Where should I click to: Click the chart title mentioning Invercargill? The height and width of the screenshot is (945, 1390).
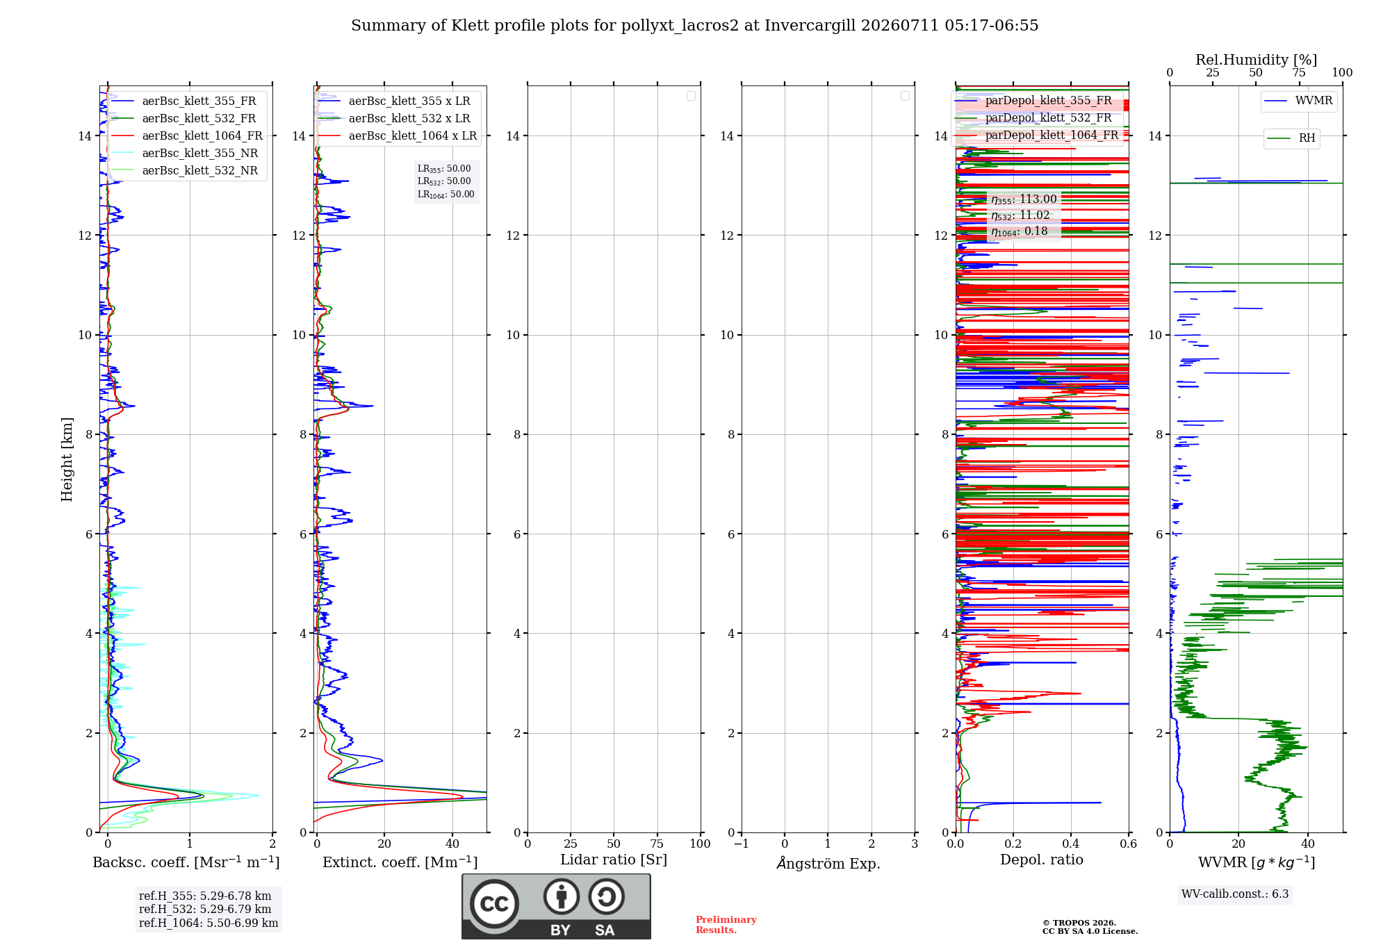pos(694,26)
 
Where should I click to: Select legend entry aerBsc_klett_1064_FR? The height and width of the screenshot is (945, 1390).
pos(188,135)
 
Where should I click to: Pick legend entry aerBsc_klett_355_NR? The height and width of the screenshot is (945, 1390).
pos(185,153)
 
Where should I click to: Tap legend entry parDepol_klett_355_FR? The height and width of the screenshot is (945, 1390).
pos(1033,101)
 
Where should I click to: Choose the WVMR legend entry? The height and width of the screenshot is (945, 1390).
pos(1298,101)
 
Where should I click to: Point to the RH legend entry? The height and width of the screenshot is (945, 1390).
pos(1291,138)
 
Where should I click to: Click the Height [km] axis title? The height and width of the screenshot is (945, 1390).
pos(67,459)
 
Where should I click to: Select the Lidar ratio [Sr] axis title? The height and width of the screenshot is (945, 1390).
pos(614,860)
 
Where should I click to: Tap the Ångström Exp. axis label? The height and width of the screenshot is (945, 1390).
pos(828,863)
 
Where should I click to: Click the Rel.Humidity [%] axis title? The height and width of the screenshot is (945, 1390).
pos(1256,60)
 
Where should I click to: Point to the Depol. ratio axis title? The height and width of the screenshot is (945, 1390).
pos(1041,860)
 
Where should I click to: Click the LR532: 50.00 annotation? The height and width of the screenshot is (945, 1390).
pos(444,181)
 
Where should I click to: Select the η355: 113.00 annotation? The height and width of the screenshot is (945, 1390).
pos(1024,199)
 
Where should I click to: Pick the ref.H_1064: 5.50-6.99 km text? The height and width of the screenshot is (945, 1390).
pos(208,923)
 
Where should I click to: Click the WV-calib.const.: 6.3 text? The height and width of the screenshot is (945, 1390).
pos(1235,894)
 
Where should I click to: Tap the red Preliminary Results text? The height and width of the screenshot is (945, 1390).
pos(726,925)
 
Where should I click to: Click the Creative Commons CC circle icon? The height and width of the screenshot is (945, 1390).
pos(494,903)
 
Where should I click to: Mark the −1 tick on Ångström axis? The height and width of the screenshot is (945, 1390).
pos(742,844)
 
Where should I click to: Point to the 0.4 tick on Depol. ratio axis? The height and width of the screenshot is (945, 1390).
pos(1071,844)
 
